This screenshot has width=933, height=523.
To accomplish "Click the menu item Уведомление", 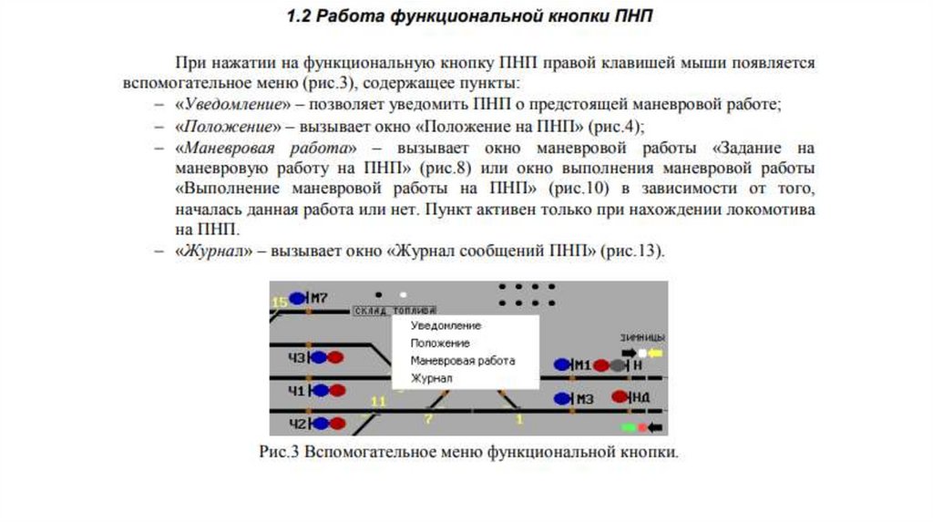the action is pos(446,325).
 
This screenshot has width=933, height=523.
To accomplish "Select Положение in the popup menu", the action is pos(440,344).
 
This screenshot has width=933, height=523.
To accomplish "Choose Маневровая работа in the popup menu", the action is pos(462,361).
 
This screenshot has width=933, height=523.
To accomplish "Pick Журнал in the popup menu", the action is pos(431,377).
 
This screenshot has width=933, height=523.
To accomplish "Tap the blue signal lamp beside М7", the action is pos(298,297).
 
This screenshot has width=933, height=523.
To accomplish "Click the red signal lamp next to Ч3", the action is pos(336,357).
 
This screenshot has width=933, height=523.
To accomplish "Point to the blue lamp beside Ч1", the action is pos(320,390).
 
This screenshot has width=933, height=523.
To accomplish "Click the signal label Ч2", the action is pos(297,423).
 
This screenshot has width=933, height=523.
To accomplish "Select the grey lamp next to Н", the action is pos(618,365).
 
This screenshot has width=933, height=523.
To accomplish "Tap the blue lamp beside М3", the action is pos(561,398).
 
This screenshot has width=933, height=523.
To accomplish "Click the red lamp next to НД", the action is pos(620,396).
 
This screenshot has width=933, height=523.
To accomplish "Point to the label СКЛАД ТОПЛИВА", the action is pos(394,311).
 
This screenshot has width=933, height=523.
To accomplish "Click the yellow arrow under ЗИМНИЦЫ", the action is pos(655,353).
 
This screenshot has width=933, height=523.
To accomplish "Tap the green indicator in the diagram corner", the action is pos(628,426).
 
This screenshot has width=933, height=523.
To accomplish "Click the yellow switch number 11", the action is pos(379,400).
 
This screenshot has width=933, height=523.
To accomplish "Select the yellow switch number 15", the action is pos(279,301).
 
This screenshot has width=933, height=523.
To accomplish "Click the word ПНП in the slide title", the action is pos(630,16).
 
